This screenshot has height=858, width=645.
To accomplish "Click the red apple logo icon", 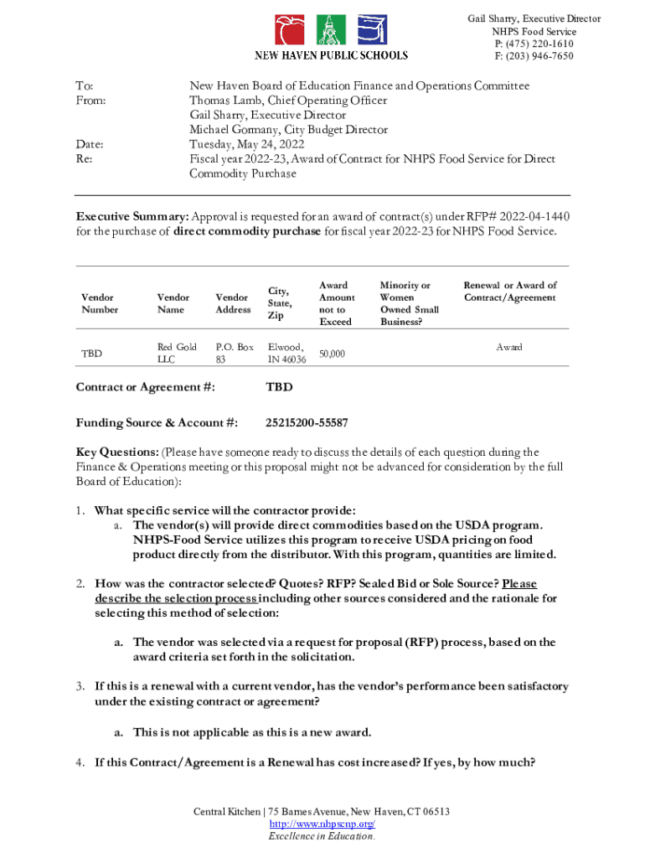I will tap(290, 30).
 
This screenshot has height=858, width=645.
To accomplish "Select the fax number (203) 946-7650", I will tap(539, 56).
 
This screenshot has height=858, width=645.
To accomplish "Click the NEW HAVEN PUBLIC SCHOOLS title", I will tap(332, 55).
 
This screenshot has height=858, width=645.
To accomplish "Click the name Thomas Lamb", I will tap(225, 101).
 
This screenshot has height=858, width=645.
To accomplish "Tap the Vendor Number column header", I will tap(100, 303).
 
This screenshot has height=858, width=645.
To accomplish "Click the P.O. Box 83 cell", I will tap(234, 353).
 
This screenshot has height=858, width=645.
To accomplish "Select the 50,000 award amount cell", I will tap(332, 354).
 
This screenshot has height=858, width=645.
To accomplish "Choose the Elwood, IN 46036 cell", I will tap(286, 353).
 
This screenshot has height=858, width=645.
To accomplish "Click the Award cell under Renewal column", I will tap(509, 347).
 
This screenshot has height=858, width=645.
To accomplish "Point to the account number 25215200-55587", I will tap(307, 422).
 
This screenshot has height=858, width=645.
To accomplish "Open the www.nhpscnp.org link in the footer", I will tap(322, 824).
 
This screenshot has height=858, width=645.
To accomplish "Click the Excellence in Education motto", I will tap(322, 836).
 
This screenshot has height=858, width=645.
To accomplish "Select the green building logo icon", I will tap(332, 30).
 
